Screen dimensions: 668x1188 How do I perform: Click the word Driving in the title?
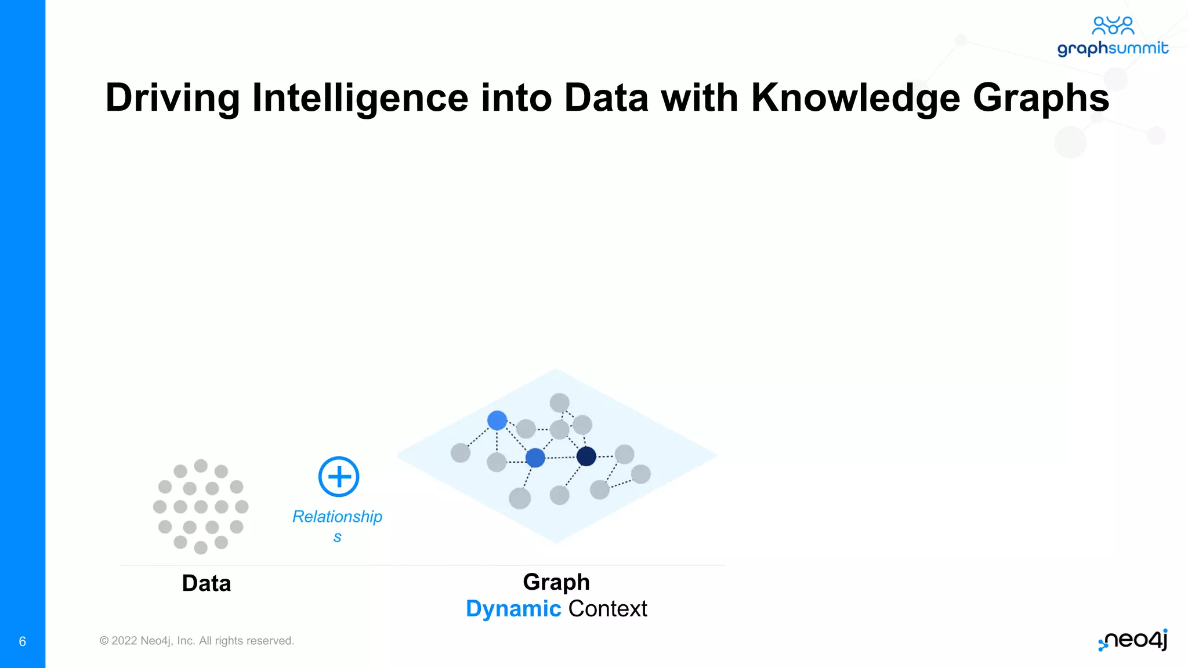[x=172, y=97]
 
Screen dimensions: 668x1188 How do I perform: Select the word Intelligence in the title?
[x=360, y=97]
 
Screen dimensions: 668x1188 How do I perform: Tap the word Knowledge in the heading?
[x=855, y=97]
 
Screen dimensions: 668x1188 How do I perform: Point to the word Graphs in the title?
[x=1041, y=97]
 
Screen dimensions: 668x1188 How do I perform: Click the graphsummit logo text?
[x=1112, y=48]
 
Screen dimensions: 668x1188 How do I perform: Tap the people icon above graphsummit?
[x=1113, y=26]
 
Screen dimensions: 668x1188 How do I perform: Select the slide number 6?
[x=23, y=641]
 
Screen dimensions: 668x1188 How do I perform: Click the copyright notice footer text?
[x=197, y=641]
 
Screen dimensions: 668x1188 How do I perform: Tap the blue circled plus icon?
[x=339, y=477]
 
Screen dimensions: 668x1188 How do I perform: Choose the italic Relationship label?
[x=337, y=517]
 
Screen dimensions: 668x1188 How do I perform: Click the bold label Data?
[x=207, y=583]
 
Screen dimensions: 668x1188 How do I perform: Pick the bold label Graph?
[x=556, y=582]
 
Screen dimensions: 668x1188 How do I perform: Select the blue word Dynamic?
[x=513, y=609]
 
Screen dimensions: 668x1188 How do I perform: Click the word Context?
[x=608, y=609]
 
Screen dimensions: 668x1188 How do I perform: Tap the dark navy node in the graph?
[x=586, y=456]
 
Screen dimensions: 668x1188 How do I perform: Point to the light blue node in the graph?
[x=497, y=420]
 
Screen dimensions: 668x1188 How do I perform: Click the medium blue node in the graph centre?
[x=535, y=458]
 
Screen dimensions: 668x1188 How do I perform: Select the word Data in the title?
[x=606, y=97]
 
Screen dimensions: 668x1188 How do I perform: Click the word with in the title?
[x=700, y=97]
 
